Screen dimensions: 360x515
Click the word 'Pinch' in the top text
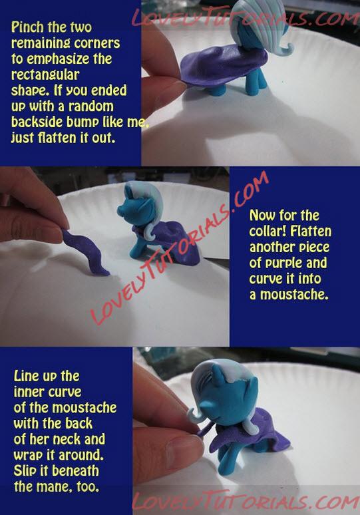tap(28, 27)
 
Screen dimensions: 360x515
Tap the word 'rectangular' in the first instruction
tap(45, 75)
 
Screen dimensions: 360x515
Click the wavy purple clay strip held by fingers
tap(85, 253)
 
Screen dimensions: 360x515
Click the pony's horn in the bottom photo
tap(217, 376)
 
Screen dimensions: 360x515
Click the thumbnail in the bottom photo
tap(183, 447)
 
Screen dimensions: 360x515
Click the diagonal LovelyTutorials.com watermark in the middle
tap(179, 249)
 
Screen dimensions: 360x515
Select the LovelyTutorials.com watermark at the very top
tap(246, 17)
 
